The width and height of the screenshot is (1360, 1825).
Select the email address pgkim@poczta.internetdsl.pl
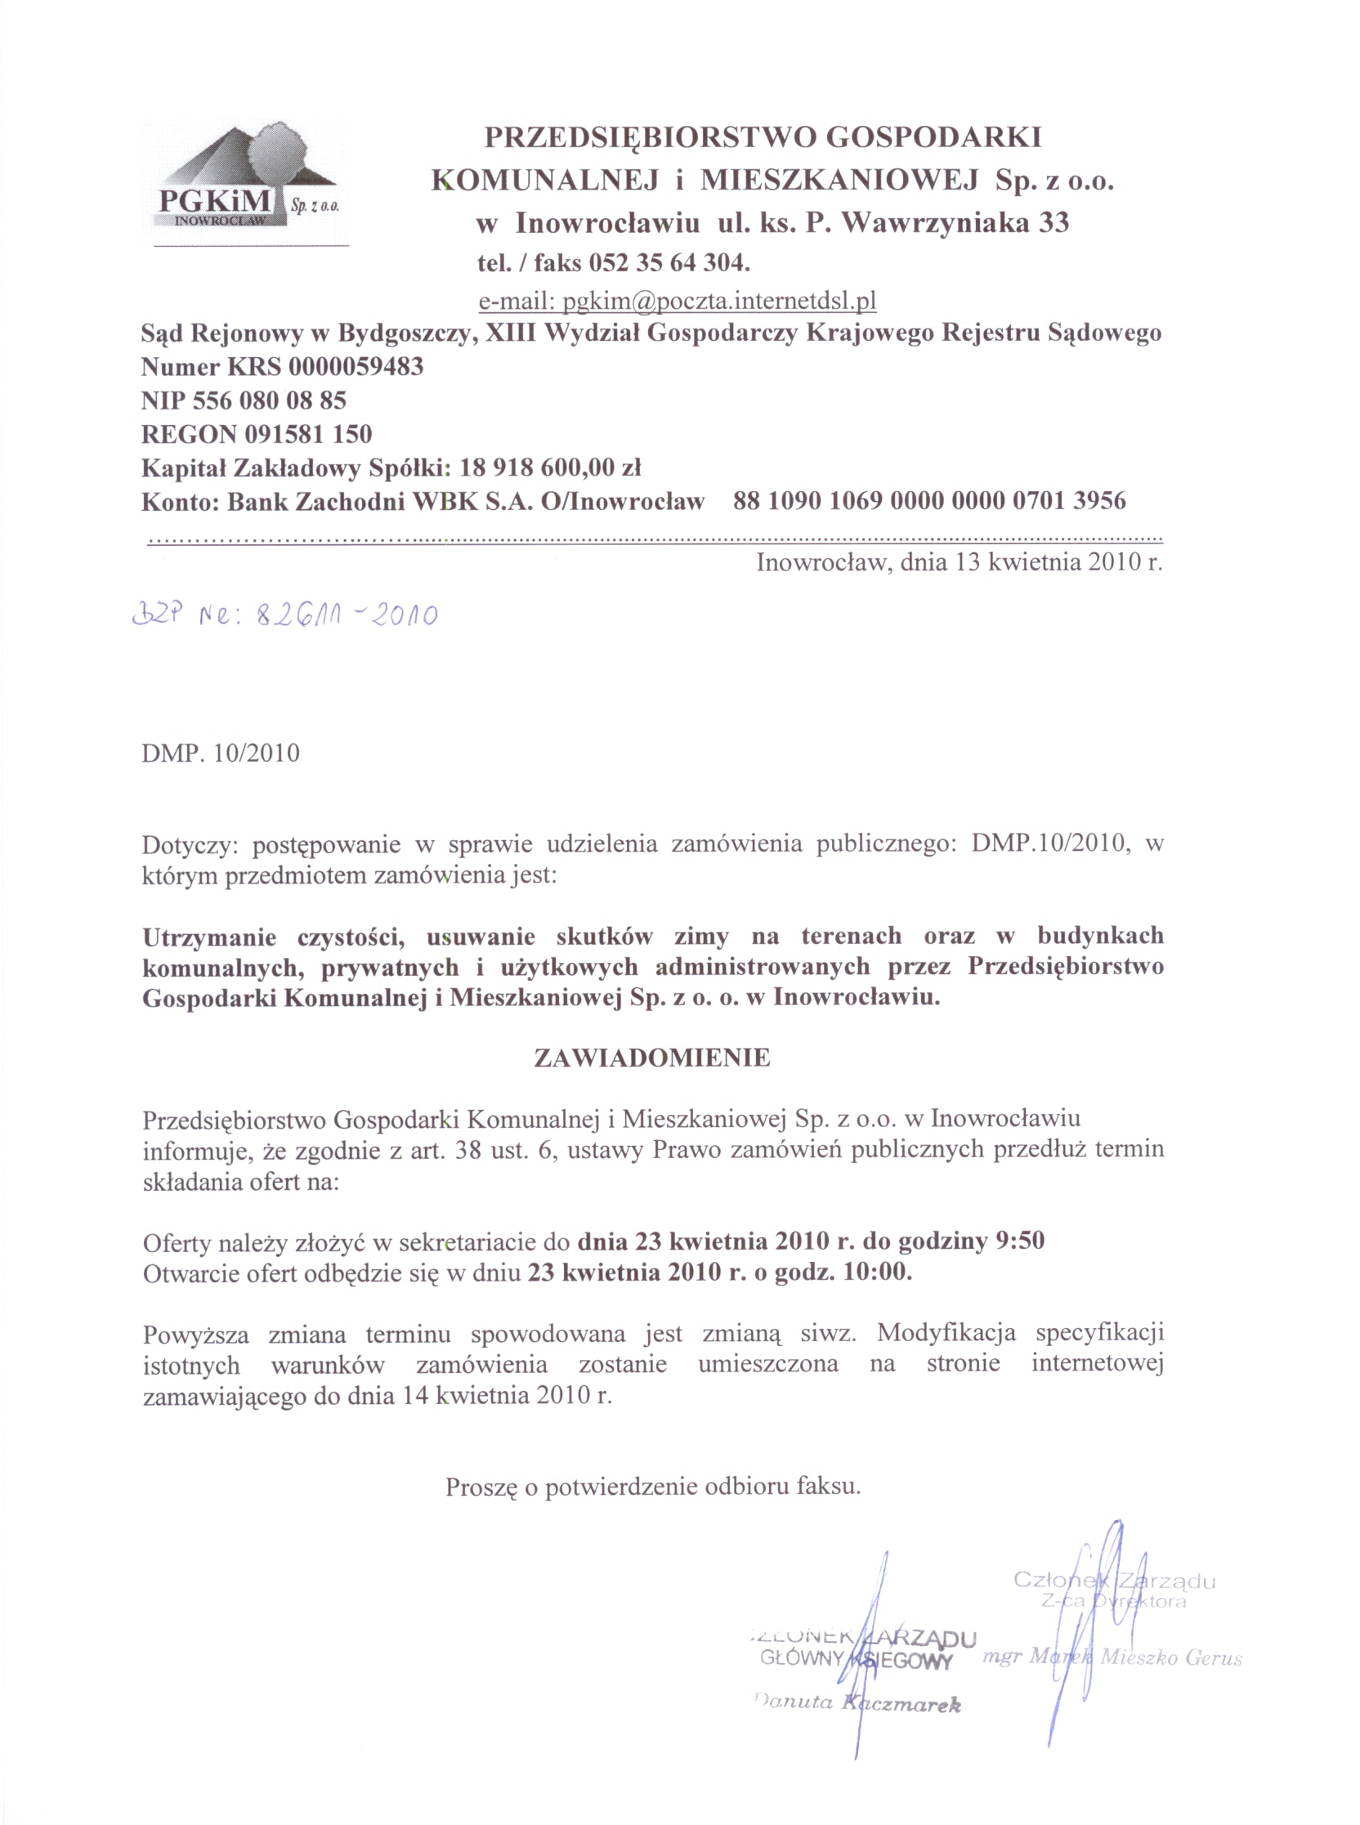click(678, 302)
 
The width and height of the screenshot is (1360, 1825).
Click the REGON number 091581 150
click(308, 434)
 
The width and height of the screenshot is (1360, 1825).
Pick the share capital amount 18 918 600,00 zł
click(550, 467)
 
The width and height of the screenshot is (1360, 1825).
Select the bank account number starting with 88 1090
click(929, 500)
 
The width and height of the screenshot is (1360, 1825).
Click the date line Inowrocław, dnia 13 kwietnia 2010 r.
click(959, 563)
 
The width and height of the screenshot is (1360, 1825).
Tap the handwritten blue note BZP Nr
click(285, 614)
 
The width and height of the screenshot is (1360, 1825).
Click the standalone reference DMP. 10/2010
click(221, 754)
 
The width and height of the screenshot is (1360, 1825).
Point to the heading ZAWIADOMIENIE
click(652, 1058)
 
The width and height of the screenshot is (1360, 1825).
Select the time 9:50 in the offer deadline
click(1020, 1241)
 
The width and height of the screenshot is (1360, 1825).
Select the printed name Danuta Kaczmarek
click(857, 1703)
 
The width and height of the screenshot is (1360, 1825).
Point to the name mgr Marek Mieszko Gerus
click(1112, 1657)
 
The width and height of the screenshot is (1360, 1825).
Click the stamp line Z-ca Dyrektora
click(1113, 1601)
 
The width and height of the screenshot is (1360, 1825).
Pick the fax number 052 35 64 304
click(668, 263)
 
